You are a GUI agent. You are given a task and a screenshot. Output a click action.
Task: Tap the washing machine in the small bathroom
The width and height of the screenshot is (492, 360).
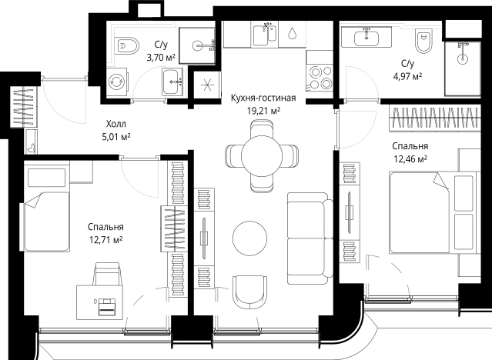point(117,82)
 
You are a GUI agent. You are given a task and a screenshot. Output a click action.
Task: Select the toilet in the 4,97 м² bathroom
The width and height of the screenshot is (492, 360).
point(423,41)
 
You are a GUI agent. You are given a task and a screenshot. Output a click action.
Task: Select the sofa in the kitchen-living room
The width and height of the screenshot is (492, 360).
point(310,238)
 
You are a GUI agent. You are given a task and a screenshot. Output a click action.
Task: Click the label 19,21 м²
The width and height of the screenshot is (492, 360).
point(264,110)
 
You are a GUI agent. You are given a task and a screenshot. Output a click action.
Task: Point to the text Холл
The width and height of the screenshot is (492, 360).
point(116,124)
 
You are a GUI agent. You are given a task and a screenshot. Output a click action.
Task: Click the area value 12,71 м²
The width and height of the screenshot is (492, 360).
point(105,240)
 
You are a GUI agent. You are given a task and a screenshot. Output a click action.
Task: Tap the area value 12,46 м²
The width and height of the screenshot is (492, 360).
point(410,159)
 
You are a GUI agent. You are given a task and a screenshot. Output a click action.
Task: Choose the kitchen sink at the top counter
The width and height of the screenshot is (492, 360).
point(265,35)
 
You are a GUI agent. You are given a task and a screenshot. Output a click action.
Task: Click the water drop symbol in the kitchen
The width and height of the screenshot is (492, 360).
point(292,33)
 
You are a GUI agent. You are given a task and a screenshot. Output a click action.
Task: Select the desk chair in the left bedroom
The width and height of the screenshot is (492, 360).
point(107,274)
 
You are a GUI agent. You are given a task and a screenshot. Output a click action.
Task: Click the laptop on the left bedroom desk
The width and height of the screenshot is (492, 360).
point(107,306)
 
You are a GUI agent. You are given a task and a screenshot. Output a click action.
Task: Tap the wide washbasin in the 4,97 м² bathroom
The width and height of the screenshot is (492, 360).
point(366,38)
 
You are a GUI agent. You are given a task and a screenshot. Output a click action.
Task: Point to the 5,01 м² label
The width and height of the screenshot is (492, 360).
point(116,137)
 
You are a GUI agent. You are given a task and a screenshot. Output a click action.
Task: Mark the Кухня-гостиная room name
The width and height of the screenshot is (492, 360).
point(263,98)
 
